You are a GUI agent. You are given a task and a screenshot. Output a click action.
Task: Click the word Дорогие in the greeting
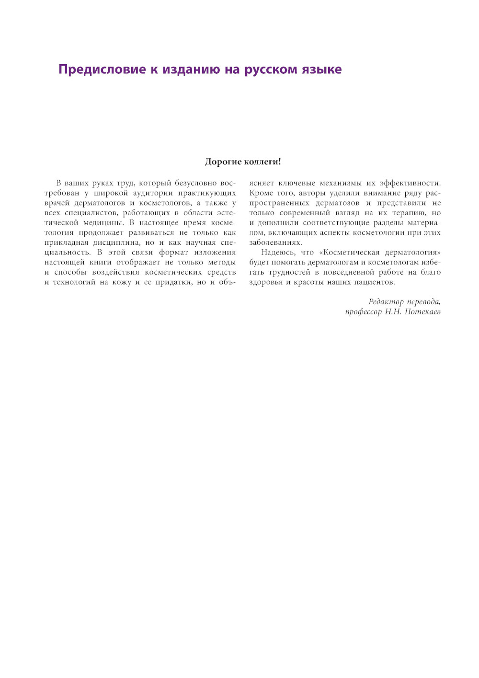[x=223, y=162]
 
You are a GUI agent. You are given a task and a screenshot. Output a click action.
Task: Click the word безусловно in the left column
[x=196, y=183]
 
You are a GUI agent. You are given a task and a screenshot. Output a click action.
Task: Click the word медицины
[x=104, y=223]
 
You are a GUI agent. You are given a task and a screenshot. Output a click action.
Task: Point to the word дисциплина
[x=119, y=242]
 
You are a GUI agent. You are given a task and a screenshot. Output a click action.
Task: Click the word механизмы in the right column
[x=341, y=183]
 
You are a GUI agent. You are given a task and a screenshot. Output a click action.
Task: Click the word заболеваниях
[x=275, y=242]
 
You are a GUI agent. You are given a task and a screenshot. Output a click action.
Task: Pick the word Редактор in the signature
[x=386, y=302]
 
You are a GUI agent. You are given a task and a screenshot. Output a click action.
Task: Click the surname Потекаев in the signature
[x=422, y=312]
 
